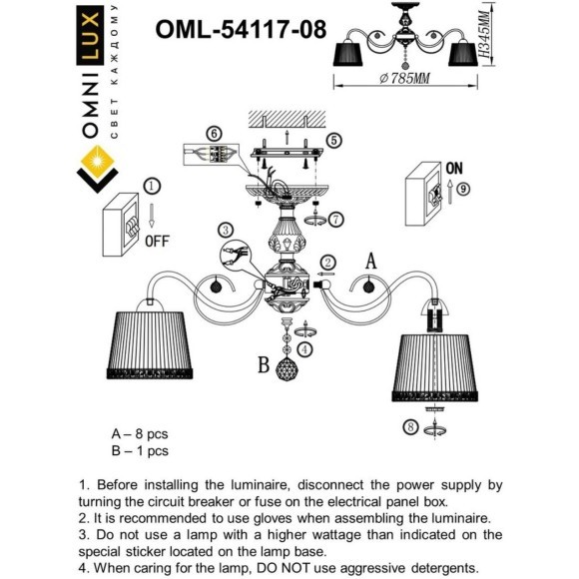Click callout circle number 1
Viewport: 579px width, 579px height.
coord(151,186)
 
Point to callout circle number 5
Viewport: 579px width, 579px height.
coord(334,141)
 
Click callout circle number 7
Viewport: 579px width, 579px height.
coord(336,218)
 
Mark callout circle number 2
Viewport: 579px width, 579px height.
coord(327,265)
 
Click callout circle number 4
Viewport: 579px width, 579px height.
coord(305,347)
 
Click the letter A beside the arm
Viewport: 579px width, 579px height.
coord(370,263)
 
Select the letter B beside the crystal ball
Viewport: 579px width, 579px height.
coord(265,365)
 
